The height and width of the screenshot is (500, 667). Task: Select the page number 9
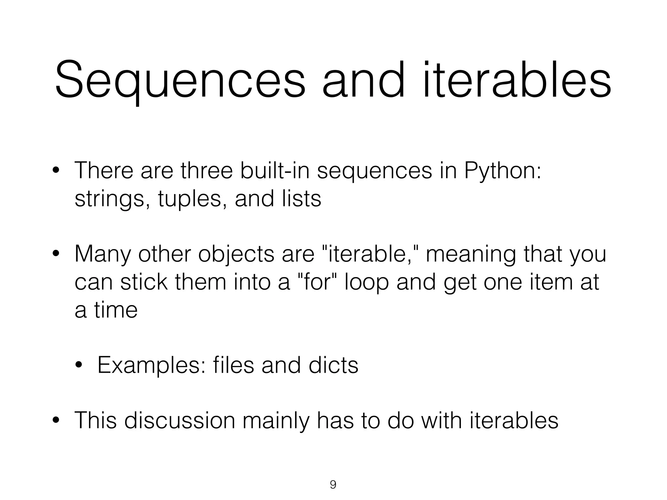click(333, 485)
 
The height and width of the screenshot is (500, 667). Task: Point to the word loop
click(366, 283)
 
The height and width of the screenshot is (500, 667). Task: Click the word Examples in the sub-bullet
click(151, 366)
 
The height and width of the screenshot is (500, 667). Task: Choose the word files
click(233, 365)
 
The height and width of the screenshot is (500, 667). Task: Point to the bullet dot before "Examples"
click(79, 365)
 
